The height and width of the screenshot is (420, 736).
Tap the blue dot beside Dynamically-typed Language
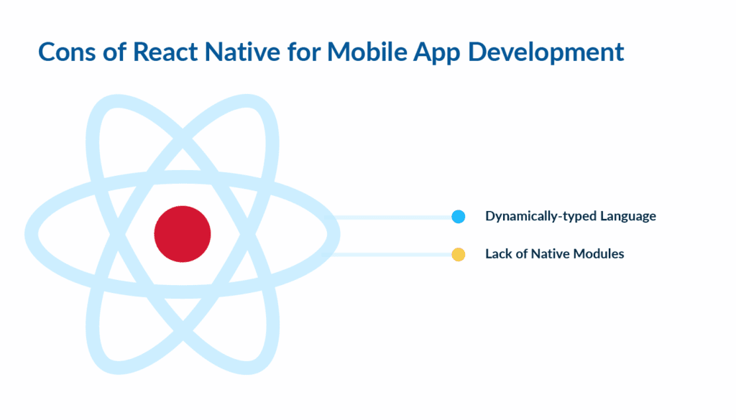pyautogui.click(x=458, y=217)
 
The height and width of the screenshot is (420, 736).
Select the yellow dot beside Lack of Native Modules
pyautogui.click(x=458, y=254)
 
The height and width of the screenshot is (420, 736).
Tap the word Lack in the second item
pyautogui.click(x=499, y=253)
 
